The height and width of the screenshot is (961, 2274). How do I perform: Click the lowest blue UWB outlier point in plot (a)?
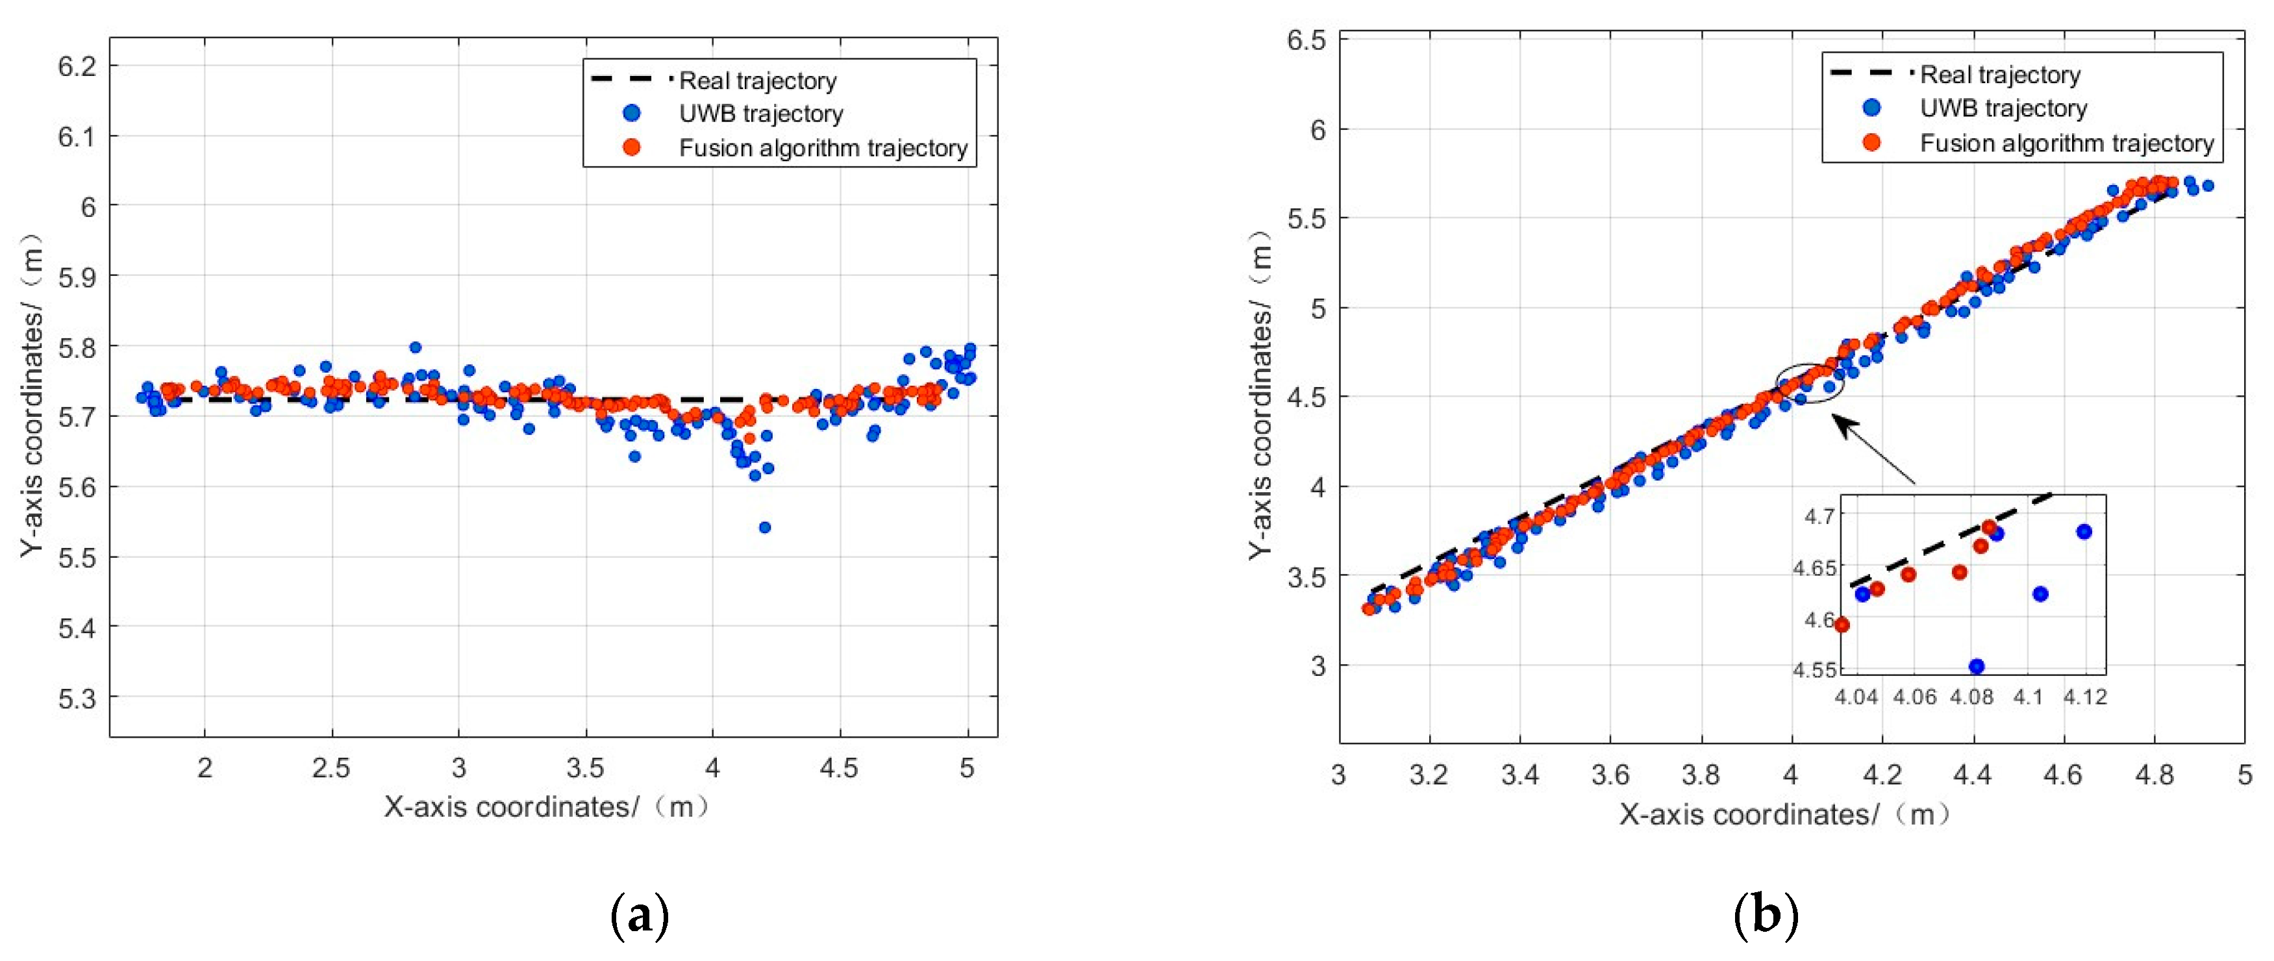(x=764, y=528)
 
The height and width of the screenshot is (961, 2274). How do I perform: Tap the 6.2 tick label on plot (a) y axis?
(x=77, y=66)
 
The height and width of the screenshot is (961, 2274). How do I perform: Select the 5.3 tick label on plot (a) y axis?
(x=77, y=698)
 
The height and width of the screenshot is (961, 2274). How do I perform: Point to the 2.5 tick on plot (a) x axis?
(x=331, y=768)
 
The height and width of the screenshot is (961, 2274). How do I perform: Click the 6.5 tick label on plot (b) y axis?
(x=1306, y=41)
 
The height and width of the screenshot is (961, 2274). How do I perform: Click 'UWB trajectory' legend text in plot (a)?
(x=761, y=114)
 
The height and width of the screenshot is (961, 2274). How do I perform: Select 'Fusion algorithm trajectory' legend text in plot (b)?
(x=2067, y=143)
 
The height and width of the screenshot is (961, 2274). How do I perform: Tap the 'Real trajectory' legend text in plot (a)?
(x=757, y=81)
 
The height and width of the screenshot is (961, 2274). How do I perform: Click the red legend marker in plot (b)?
(x=1871, y=142)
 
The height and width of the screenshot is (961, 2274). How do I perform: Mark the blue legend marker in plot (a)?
(x=631, y=113)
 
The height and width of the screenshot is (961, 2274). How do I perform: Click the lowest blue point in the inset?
(x=1977, y=666)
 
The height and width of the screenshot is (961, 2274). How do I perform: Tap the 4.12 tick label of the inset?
(x=2085, y=697)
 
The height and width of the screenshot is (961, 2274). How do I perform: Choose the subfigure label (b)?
(x=1765, y=917)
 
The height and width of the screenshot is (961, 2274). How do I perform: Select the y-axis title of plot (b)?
(x=1260, y=394)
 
